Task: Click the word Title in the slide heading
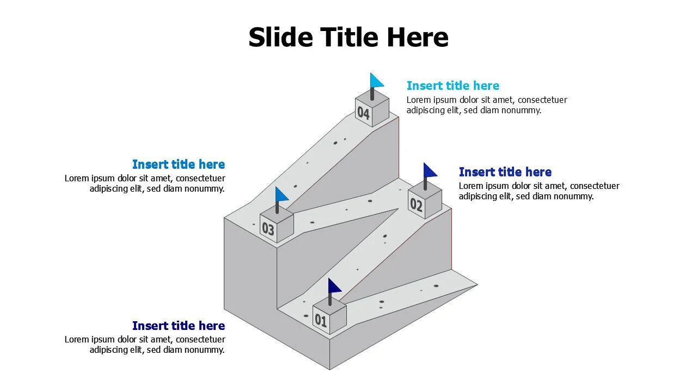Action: pos(351,38)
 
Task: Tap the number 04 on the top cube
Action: pos(363,113)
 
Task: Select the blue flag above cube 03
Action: pos(281,194)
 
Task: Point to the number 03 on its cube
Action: pos(268,229)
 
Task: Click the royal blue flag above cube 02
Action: pos(430,170)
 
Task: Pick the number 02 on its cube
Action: pos(416,205)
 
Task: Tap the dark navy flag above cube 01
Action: pos(334,285)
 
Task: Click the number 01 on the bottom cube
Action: pos(321,321)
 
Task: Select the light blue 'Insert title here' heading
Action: pos(453,86)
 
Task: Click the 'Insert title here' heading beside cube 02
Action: pos(505,172)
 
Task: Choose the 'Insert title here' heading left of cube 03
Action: pos(179,164)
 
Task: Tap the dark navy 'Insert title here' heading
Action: pos(179,326)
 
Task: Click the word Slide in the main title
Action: pos(281,38)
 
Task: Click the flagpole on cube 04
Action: pos(372,94)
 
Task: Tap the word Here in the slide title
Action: pos(418,38)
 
